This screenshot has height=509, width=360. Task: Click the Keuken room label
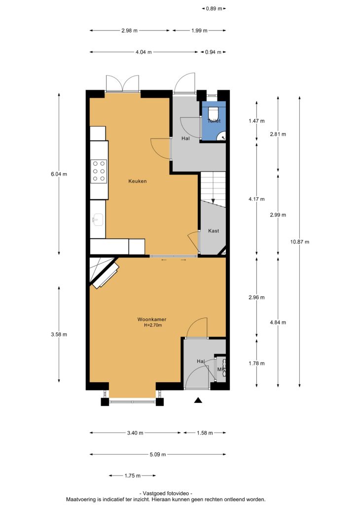pos(137,181)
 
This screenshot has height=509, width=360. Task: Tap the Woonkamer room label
pos(151,320)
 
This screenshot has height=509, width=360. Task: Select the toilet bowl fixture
pos(213,112)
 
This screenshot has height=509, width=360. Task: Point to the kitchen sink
pos(97,220)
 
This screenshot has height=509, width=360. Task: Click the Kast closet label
pos(213,231)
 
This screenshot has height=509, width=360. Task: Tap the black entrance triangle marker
pos(198,400)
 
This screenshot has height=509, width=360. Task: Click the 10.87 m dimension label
pos(300,242)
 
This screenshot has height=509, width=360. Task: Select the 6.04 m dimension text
pos(59,174)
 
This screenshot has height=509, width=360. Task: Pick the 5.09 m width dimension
pos(158,454)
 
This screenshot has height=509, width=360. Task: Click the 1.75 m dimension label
pos(133,475)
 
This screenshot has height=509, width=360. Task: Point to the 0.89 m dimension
pos(214,9)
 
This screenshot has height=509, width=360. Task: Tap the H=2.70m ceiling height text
pos(153,325)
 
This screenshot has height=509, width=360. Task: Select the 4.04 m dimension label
pos(144,52)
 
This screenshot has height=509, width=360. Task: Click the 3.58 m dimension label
pos(59,334)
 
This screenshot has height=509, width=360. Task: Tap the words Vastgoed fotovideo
pos(166,493)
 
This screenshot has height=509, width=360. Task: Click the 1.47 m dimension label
pos(256,121)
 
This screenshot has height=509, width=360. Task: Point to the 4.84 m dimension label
pos(278,323)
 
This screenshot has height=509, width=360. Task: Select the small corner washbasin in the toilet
pos(222,136)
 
